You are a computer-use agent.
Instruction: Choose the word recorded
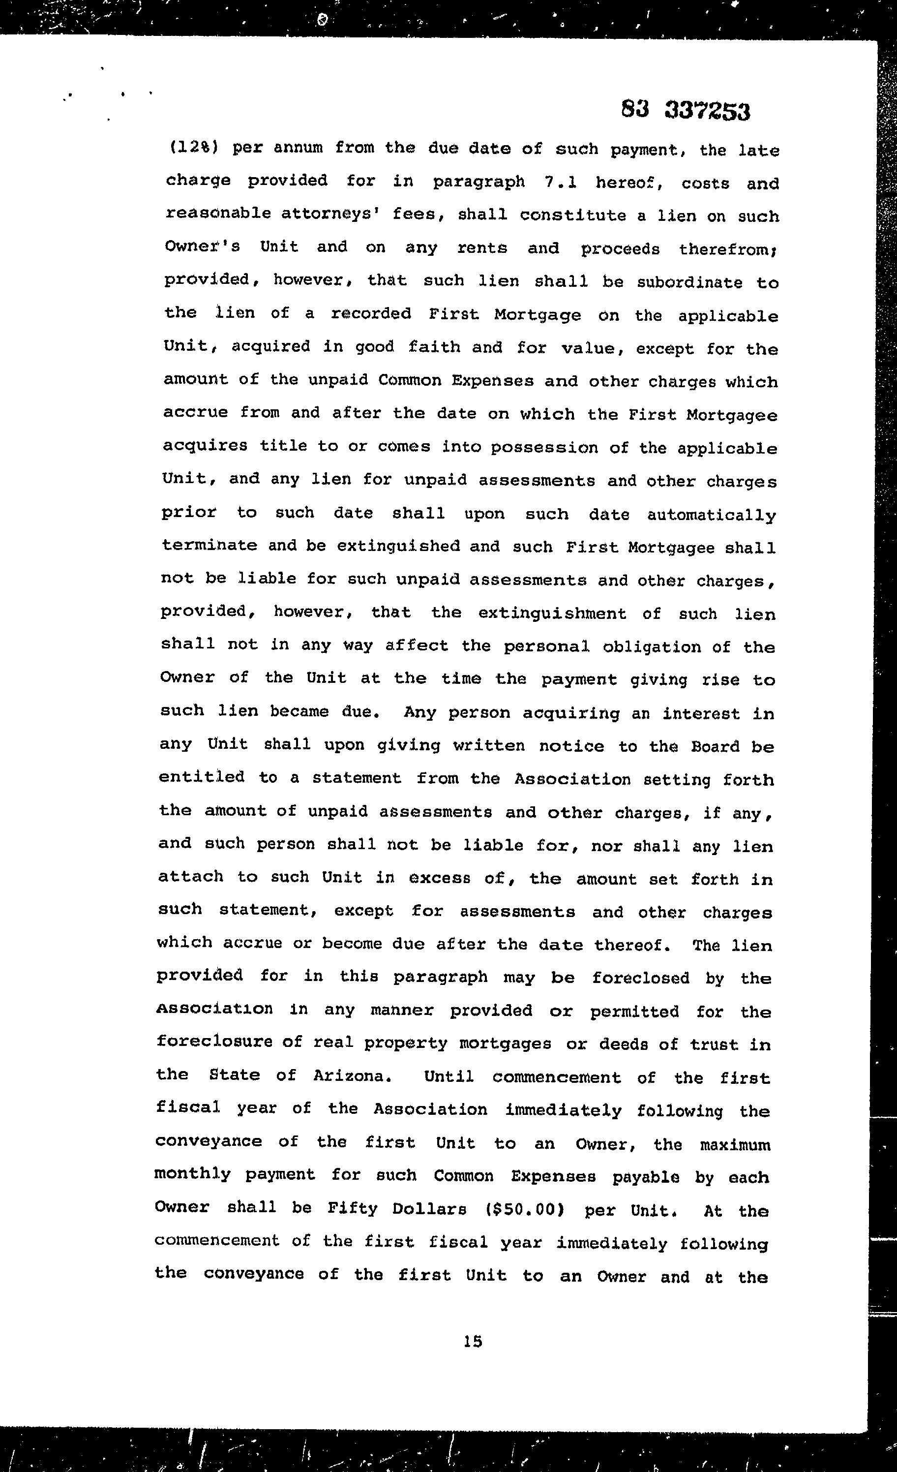[x=371, y=314]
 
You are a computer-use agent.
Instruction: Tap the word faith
[x=434, y=347]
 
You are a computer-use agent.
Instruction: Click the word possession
[x=544, y=448]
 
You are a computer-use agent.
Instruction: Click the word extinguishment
[x=552, y=613]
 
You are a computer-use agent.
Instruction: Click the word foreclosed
[x=640, y=978]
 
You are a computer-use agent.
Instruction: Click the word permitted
[x=634, y=1012]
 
